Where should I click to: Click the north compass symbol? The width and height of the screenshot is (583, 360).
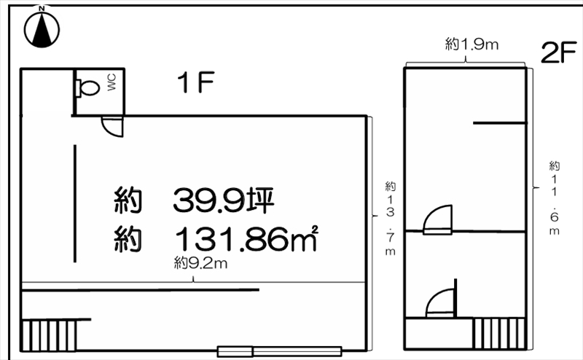click(x=42, y=29)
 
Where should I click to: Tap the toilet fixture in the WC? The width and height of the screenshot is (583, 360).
click(x=87, y=88)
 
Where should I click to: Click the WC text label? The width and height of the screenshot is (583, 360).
click(x=111, y=82)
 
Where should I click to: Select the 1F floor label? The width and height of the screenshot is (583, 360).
click(x=196, y=82)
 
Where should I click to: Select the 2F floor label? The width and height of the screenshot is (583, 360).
click(x=559, y=52)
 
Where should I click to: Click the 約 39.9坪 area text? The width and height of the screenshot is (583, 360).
click(x=194, y=200)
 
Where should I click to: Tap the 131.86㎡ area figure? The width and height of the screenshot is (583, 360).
click(x=246, y=240)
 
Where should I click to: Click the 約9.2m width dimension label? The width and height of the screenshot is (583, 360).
click(x=200, y=264)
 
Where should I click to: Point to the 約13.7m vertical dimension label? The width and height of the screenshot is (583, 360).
click(x=390, y=219)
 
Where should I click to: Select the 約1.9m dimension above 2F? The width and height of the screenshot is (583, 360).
click(x=472, y=44)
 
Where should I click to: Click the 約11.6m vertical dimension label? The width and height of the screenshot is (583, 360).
click(x=555, y=197)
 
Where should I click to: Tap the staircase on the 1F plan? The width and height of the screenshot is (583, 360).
click(x=49, y=335)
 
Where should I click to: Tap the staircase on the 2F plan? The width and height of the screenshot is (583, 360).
click(x=499, y=333)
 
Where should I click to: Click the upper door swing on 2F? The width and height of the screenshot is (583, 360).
click(x=438, y=219)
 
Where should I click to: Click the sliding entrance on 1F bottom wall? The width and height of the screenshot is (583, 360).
click(x=279, y=351)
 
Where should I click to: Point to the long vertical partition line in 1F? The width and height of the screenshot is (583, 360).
click(x=75, y=203)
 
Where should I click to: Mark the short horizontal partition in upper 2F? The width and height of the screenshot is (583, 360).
click(x=500, y=122)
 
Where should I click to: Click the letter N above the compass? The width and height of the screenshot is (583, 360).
click(x=42, y=8)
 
